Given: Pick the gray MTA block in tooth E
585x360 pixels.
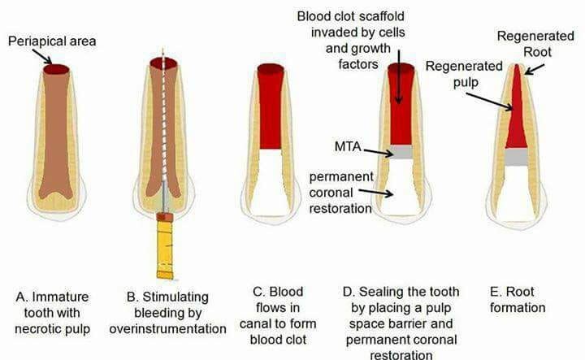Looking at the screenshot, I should [514, 157].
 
